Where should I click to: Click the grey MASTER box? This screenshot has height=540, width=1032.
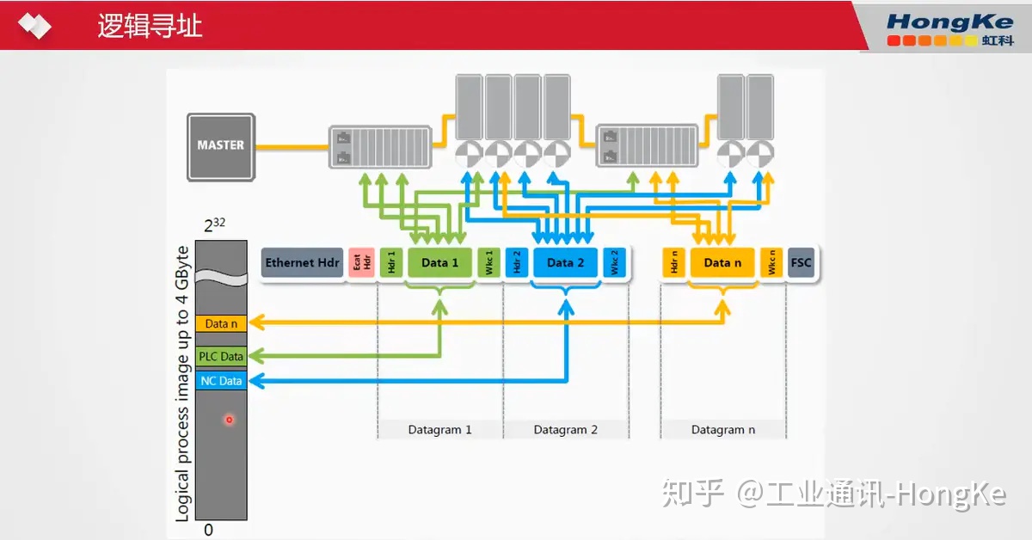click(x=220, y=146)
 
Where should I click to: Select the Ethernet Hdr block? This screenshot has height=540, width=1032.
click(x=302, y=263)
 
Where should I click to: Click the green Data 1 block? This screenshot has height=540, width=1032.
click(x=440, y=263)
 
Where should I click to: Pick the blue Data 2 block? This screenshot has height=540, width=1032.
click(x=565, y=263)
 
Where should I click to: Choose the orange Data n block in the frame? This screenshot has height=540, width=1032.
click(x=722, y=263)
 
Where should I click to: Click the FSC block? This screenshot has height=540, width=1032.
click(x=801, y=263)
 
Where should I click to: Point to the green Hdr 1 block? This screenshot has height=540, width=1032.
click(x=391, y=263)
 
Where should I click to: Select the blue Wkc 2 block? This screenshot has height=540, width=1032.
click(x=615, y=263)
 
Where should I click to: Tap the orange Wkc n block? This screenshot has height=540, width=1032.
click(x=771, y=263)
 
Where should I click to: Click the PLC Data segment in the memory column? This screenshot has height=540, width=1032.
click(x=221, y=356)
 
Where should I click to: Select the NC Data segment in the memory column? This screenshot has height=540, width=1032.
click(x=221, y=380)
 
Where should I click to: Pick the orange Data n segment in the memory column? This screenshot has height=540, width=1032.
click(x=221, y=323)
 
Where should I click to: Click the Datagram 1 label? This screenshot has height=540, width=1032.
click(x=439, y=429)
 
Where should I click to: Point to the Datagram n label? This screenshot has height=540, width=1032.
click(x=723, y=429)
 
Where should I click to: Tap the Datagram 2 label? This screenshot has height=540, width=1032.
click(x=565, y=429)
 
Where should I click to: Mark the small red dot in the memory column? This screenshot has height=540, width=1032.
click(x=229, y=420)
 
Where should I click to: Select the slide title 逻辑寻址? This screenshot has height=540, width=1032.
click(x=150, y=26)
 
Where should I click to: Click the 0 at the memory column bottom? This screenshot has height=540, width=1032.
click(x=208, y=530)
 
